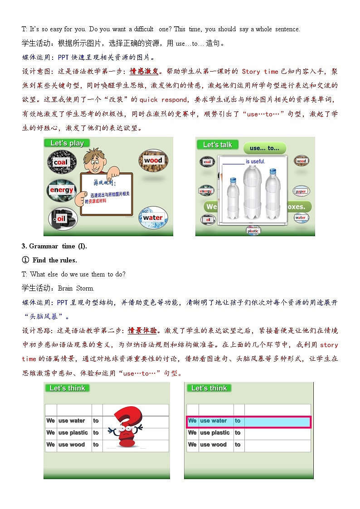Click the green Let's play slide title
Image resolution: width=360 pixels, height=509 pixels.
[x=67, y=143]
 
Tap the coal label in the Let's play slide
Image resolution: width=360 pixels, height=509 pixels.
[x=60, y=162]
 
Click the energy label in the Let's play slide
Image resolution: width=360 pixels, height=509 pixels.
[x=62, y=190]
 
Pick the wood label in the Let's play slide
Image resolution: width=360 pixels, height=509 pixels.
[x=153, y=160]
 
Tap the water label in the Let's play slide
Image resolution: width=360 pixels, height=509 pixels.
[x=152, y=218]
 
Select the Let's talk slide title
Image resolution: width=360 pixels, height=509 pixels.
[x=217, y=145]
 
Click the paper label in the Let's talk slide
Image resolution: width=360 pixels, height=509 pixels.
[x=301, y=191]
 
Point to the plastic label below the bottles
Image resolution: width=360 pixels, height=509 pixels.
[x=253, y=231]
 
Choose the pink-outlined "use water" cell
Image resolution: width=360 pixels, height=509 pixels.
[x=213, y=421]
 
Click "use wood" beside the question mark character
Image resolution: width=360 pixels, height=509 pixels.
[x=72, y=445]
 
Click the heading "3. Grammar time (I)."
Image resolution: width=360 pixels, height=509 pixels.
[x=54, y=246]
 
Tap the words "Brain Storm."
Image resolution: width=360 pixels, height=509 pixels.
[x=76, y=288]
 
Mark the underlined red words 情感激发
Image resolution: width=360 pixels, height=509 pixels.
[x=145, y=71]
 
